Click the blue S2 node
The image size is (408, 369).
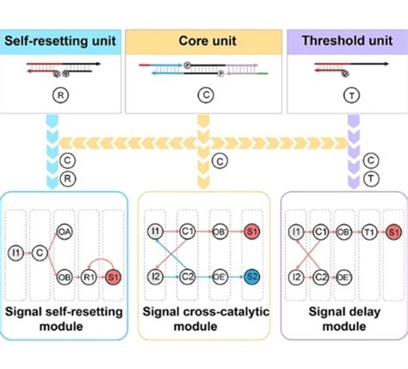point(250,277)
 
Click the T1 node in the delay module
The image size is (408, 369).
point(368,231)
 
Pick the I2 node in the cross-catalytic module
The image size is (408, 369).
point(155,277)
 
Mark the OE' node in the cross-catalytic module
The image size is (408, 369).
point(219,277)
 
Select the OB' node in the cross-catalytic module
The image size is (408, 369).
point(219,231)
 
